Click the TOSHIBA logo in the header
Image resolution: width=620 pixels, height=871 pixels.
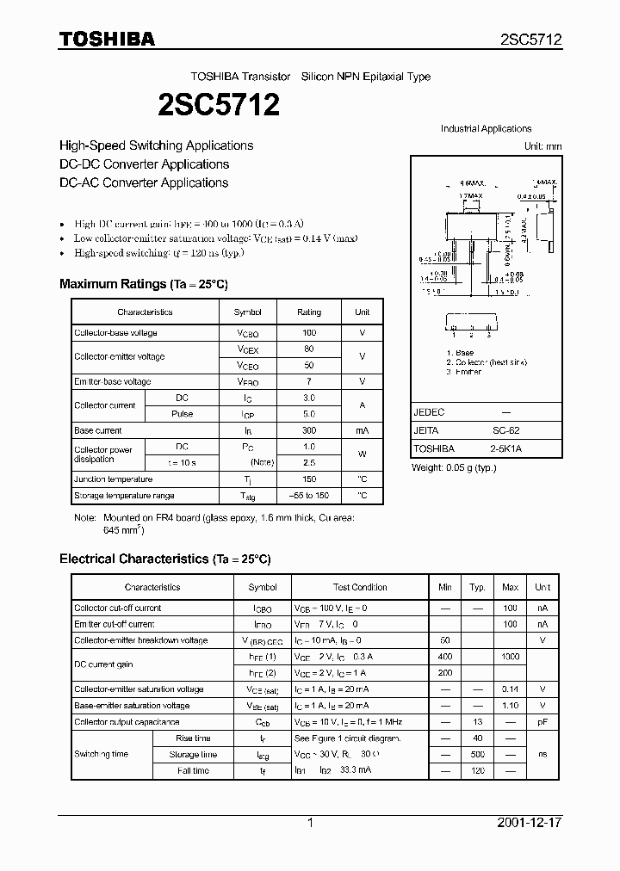(107, 39)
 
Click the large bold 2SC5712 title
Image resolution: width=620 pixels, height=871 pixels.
(219, 105)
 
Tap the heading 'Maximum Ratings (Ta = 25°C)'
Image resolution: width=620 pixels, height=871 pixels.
(143, 284)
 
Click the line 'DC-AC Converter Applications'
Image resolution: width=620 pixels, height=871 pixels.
(144, 182)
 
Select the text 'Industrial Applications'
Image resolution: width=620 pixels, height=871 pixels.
(486, 129)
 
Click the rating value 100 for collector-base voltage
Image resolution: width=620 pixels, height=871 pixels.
(308, 332)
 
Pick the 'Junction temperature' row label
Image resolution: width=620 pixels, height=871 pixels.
(113, 479)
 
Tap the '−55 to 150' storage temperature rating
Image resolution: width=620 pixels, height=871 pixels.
(308, 496)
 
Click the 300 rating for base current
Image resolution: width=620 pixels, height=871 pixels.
(308, 430)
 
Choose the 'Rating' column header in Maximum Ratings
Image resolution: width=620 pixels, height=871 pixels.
(308, 312)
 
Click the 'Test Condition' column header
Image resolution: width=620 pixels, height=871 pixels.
(360, 587)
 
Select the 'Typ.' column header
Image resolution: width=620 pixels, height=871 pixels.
(477, 587)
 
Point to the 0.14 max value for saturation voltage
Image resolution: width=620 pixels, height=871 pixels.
(510, 689)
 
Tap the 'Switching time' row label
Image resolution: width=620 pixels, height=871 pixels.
(101, 754)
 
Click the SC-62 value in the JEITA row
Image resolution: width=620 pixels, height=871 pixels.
(505, 430)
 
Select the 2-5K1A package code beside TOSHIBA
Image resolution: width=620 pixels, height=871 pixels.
(505, 448)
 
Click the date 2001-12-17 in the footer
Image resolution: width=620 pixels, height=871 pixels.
(530, 823)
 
